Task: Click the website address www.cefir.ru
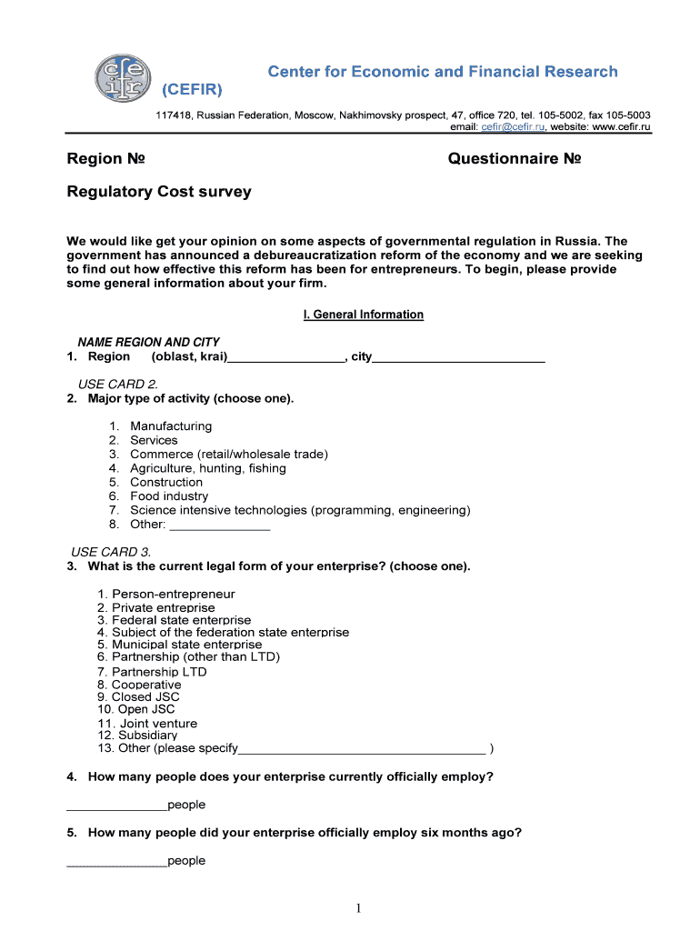622,127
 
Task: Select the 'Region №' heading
106,159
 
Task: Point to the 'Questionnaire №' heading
515,159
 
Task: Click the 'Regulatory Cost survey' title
159,192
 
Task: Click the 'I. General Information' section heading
363,315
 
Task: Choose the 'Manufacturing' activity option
171,426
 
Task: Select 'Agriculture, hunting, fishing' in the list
208,468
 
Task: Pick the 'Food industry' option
169,496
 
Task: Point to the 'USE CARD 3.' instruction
111,552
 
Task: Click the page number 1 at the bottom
358,908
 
